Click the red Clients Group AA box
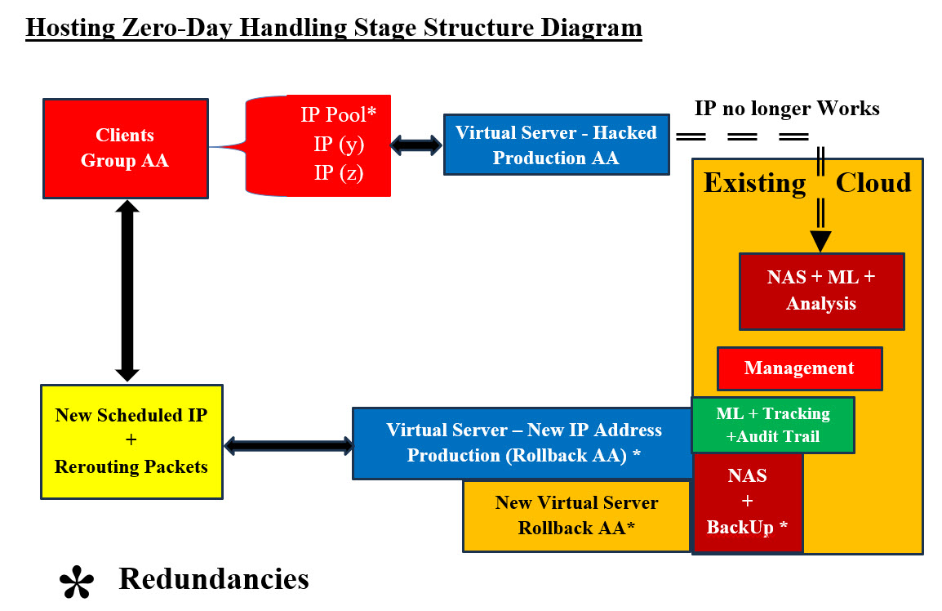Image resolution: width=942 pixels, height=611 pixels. pos(125,149)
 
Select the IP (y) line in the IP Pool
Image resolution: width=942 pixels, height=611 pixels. pos(339,145)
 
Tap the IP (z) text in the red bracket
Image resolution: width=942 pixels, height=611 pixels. pos(339,173)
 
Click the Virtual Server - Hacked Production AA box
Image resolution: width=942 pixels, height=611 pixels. pos(556,145)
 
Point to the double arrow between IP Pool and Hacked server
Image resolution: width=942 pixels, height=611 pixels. pos(416,145)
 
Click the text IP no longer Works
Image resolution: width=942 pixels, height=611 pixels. pos(787,108)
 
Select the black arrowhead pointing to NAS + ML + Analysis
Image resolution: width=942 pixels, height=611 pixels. pos(820,241)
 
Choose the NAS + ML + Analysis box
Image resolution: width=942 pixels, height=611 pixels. pos(821,291)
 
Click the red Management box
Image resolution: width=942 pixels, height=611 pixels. pos(799,368)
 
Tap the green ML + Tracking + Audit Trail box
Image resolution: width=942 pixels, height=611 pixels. pos(772,425)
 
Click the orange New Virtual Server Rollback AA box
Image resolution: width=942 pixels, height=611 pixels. pos(576,515)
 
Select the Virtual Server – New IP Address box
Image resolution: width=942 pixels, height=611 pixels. pos(523,443)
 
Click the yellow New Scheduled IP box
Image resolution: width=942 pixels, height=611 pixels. pos(131,441)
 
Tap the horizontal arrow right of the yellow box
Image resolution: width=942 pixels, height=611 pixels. pos(288,446)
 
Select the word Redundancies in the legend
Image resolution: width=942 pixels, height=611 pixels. pos(214,578)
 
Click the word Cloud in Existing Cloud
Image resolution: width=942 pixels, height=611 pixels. pos(873,182)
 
